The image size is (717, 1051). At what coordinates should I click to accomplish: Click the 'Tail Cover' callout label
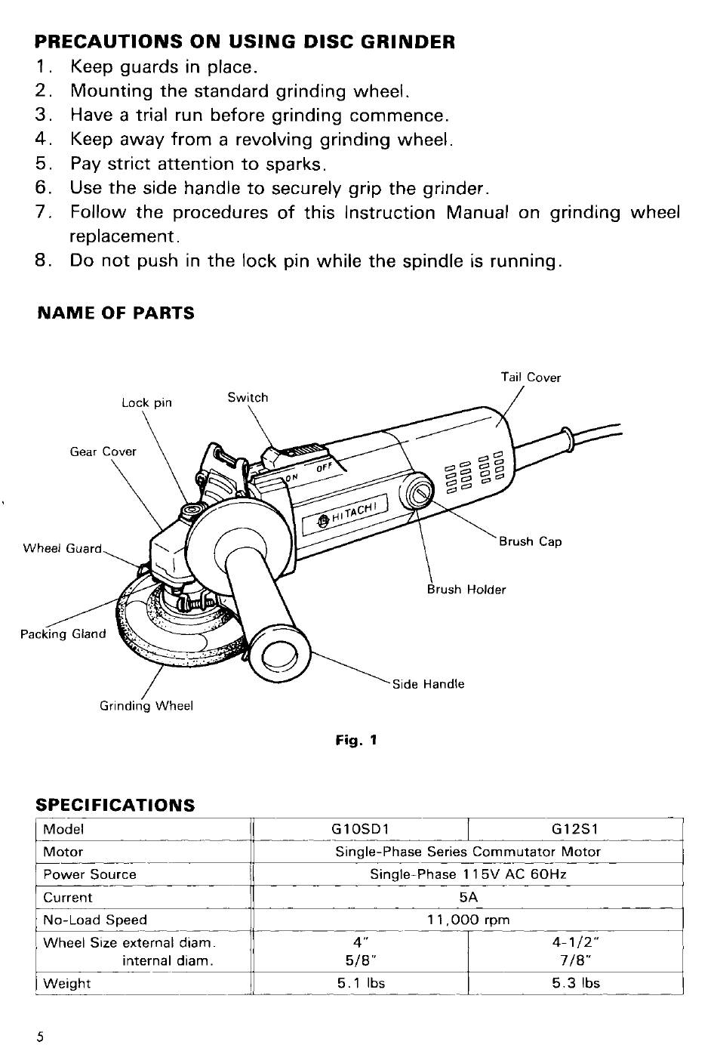tap(531, 378)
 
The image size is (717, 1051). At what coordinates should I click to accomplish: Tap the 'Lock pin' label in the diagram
tap(146, 402)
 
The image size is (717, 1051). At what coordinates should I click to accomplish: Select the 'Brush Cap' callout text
tap(530, 541)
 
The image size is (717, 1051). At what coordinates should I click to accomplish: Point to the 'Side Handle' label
tap(428, 684)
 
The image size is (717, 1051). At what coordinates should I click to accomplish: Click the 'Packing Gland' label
tap(63, 633)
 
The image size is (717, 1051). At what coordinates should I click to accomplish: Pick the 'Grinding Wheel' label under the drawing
tap(146, 706)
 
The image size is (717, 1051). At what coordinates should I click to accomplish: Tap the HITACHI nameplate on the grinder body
tap(346, 513)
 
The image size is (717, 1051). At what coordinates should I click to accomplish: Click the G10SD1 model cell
tap(360, 829)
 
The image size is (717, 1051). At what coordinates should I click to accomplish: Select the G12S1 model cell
tap(575, 829)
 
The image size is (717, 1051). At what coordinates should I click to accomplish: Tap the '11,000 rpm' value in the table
tap(468, 920)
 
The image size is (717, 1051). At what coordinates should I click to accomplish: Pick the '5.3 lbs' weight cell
tap(575, 983)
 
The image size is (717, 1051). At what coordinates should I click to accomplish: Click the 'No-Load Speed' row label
tap(95, 920)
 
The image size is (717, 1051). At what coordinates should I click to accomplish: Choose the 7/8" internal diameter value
tap(575, 961)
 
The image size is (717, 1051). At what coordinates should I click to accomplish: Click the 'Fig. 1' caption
tap(355, 741)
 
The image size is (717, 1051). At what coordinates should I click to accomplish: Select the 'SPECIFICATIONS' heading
tap(115, 805)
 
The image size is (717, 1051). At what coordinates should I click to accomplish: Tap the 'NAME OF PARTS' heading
tap(115, 313)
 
